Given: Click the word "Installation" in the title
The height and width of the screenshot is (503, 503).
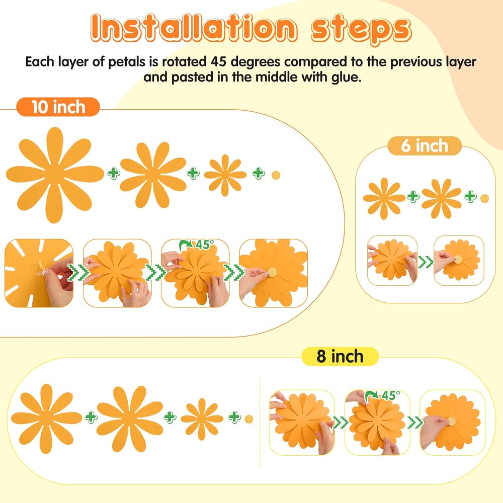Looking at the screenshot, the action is (x=194, y=28).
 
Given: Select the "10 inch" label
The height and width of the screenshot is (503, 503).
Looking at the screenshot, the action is (x=58, y=107).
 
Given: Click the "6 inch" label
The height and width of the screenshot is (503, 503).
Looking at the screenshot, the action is (x=425, y=146).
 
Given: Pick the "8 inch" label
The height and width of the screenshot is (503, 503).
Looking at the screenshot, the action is (x=340, y=357).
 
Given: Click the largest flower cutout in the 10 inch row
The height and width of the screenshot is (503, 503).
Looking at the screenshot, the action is (x=54, y=175).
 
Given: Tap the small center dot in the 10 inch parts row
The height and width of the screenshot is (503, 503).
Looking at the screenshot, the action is (x=276, y=175).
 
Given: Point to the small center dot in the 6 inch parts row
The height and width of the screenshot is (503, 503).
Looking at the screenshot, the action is (x=484, y=199).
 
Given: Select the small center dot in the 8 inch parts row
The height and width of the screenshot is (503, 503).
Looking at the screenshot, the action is (x=248, y=419).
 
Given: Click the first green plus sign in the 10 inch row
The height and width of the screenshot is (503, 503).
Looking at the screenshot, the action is (x=114, y=173).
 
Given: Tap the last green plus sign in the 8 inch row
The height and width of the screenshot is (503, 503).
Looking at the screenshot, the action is (x=234, y=416).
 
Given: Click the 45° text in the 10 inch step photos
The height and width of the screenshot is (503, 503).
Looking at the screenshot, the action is (x=205, y=245).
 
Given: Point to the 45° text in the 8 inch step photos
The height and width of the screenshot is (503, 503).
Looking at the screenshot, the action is (x=391, y=395).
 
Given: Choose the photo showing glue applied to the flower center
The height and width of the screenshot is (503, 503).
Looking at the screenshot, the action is (x=39, y=273).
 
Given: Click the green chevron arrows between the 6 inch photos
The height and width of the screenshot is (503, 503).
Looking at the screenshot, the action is (x=425, y=262).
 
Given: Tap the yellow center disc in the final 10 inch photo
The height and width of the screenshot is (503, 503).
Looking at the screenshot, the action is (x=272, y=272).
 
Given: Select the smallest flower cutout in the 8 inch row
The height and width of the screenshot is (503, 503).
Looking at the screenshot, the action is (x=202, y=419).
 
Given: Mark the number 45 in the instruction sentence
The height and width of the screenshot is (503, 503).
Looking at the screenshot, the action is (x=219, y=61).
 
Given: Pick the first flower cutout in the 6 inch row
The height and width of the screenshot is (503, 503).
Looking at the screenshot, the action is (x=384, y=199).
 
